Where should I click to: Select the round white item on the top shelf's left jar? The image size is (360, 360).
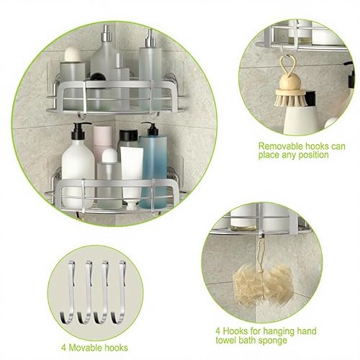coord(73,54)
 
